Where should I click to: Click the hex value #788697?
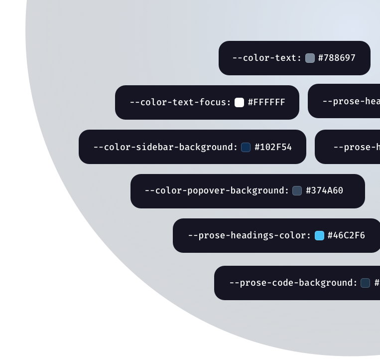tap(337, 58)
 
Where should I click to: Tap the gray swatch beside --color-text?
tap(310, 58)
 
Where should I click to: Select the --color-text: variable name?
tap(266, 58)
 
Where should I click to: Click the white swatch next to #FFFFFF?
tap(240, 102)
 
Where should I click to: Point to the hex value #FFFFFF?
tap(266, 102)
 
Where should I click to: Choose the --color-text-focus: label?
tap(180, 102)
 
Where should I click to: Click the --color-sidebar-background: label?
tap(165, 147)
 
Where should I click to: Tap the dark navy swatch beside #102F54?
tap(246, 147)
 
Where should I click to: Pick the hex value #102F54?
tap(273, 147)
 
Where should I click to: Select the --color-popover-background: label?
tap(217, 190)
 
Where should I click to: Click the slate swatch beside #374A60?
tap(297, 190)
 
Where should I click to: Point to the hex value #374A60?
tap(324, 190)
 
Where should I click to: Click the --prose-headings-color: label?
tap(249, 235)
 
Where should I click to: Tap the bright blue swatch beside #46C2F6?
tap(319, 235)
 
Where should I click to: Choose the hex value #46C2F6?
tap(346, 235)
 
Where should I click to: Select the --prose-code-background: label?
tap(293, 283)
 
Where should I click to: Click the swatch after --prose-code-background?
tap(365, 283)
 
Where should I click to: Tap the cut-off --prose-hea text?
tap(351, 101)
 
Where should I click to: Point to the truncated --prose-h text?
tap(356, 147)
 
